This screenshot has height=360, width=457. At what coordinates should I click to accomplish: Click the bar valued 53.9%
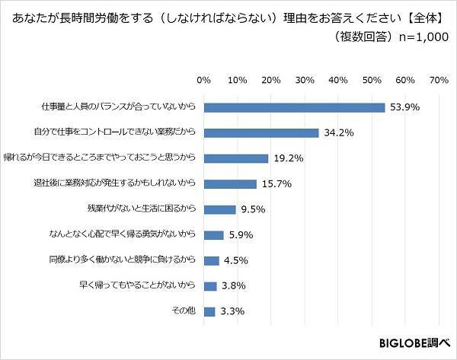pos(294,107)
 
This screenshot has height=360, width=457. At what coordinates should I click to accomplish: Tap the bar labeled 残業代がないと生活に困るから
pos(219,209)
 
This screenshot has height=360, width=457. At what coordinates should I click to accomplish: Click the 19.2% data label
pos(289,159)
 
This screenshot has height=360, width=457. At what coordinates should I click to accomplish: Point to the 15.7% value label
pos(276,184)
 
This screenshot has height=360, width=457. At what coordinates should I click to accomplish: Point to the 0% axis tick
pos(203,79)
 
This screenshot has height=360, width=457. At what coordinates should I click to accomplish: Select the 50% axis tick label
pos(371,79)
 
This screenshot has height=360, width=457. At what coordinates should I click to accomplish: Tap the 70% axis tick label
pos(438,79)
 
